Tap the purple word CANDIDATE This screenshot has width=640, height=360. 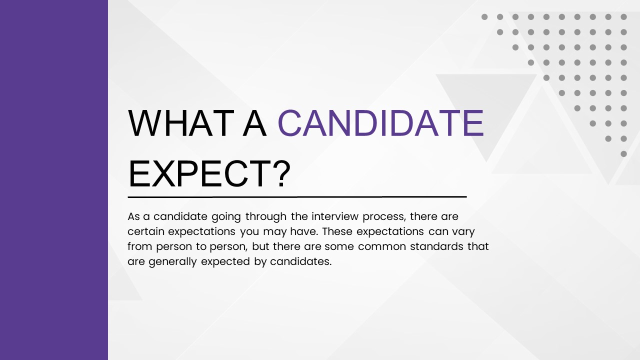pyautogui.click(x=380, y=123)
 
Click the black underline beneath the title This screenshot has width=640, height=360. pyautogui.click(x=297, y=197)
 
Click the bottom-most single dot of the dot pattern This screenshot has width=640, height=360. pyautogui.click(x=623, y=154)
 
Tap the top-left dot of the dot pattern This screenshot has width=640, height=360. pyautogui.click(x=484, y=17)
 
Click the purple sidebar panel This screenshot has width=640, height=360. pyautogui.click(x=54, y=180)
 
